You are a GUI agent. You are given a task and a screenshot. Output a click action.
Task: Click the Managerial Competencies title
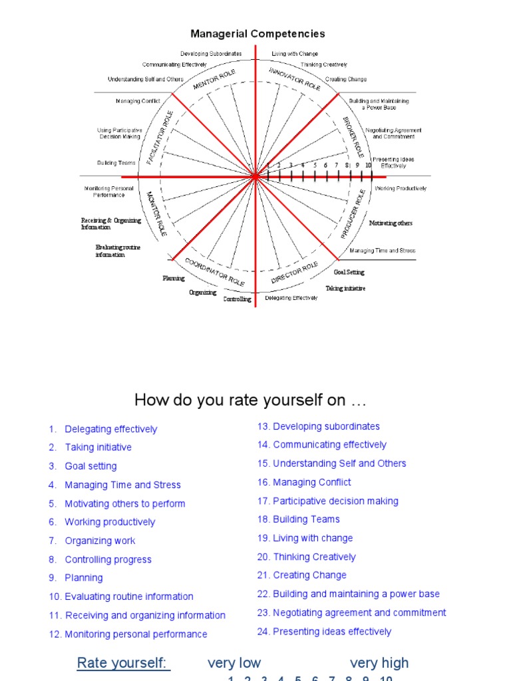tap(257, 33)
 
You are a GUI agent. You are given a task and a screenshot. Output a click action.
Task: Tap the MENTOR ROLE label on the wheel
tap(214, 80)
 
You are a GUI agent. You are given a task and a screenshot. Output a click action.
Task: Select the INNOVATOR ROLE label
tap(294, 78)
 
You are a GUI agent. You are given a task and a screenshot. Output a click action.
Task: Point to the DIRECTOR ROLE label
tap(294, 273)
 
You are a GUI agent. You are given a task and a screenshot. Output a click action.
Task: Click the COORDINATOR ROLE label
tap(214, 272)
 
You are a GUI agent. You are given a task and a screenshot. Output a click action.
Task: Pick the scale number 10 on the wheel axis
tap(369, 165)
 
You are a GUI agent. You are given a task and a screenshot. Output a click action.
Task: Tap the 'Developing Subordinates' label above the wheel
tap(211, 54)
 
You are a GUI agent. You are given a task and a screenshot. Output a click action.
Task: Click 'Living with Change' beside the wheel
tap(295, 54)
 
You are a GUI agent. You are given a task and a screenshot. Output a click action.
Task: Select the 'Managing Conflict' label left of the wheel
tap(138, 101)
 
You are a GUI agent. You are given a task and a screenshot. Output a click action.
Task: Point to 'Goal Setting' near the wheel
tap(349, 272)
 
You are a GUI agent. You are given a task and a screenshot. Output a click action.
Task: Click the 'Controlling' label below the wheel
tap(237, 299)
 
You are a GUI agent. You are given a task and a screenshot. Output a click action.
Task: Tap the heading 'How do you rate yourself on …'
tap(250, 400)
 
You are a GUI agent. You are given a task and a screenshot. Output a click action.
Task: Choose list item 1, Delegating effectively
tap(110, 429)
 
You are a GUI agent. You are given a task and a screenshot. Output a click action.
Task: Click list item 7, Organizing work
tap(100, 541)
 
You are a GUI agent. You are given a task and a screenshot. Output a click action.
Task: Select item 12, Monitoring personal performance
tap(136, 634)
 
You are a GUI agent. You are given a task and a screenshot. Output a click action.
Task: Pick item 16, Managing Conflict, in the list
tap(311, 482)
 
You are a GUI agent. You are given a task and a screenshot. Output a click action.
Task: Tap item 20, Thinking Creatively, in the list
tap(314, 557)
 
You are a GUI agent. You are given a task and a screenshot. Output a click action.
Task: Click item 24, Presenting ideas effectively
tap(332, 631)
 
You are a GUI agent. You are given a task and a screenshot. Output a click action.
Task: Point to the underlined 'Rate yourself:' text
tap(124, 662)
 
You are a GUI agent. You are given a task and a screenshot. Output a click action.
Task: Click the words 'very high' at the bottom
tap(379, 662)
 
